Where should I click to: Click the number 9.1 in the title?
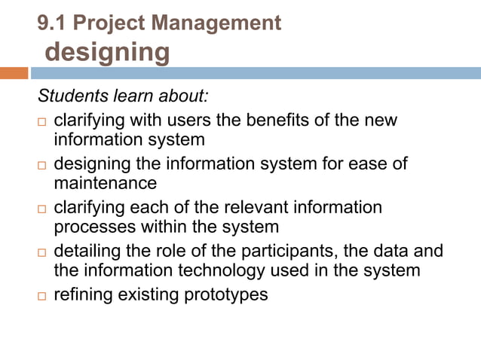(x=53, y=23)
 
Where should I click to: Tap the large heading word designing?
(x=108, y=52)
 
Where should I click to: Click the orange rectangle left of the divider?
(x=14, y=73)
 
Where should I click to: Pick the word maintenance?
(x=106, y=183)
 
